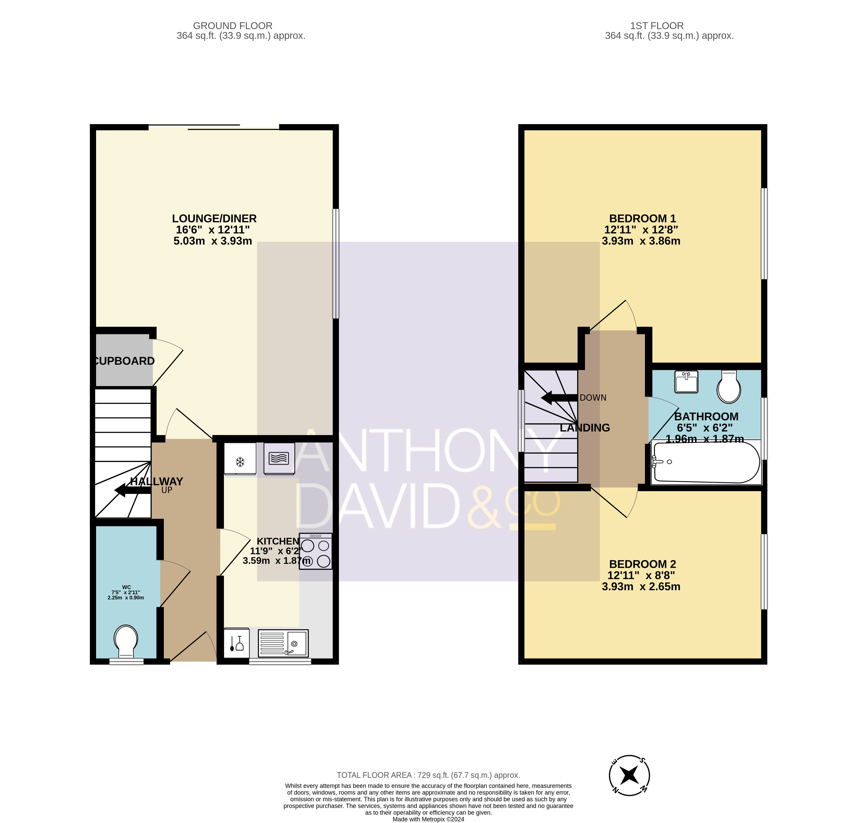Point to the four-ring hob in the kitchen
315,551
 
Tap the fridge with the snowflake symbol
240,459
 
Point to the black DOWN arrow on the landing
559,398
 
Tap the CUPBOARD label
124,361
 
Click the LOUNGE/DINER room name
214,218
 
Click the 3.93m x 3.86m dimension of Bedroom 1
641,241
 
